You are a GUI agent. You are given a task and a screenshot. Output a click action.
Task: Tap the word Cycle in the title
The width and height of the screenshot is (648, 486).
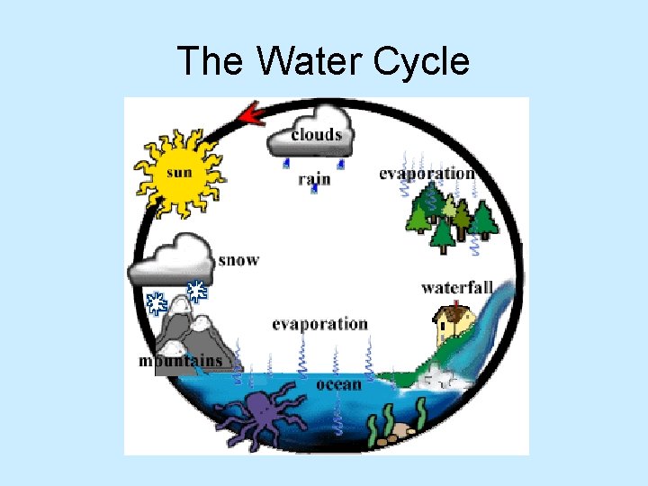(x=418, y=62)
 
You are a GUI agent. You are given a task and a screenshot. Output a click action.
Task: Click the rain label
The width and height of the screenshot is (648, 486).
(x=314, y=178)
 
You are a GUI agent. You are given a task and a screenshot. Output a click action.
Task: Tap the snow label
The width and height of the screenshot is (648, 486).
(x=238, y=260)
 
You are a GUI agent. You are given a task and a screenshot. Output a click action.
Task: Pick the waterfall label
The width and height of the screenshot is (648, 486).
(x=457, y=288)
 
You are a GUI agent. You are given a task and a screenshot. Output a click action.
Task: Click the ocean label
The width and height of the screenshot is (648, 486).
(x=339, y=384)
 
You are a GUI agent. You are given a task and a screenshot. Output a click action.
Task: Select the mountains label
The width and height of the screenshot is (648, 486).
(x=180, y=361)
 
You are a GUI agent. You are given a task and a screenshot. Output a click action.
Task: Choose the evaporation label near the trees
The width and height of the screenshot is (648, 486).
(x=426, y=173)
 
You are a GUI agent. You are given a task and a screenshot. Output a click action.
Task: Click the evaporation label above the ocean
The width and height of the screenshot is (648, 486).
(x=319, y=324)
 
